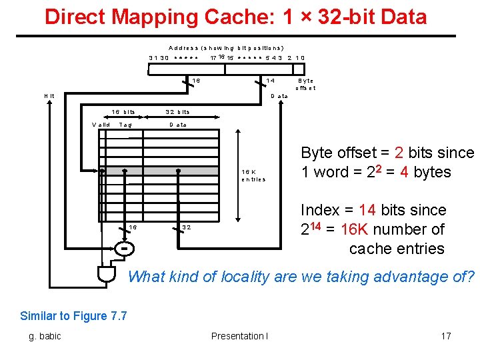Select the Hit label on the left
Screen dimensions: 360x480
[x=49, y=96]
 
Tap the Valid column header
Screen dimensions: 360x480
[x=101, y=125]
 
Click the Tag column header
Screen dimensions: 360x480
[x=125, y=125]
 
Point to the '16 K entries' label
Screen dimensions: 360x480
[x=253, y=175]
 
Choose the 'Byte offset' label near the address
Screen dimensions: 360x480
[x=305, y=84]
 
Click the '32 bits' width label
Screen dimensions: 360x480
[x=178, y=112]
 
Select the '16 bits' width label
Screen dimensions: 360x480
[x=123, y=112]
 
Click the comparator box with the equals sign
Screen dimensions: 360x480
[x=124, y=249]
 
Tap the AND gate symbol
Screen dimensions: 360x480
[x=105, y=273]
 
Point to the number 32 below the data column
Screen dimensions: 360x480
[x=187, y=227]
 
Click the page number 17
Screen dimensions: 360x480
[x=446, y=336]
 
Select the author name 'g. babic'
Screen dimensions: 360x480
[x=45, y=336]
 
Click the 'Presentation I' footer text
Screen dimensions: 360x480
[x=239, y=336]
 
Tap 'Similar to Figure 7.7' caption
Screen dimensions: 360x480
[x=73, y=316]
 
